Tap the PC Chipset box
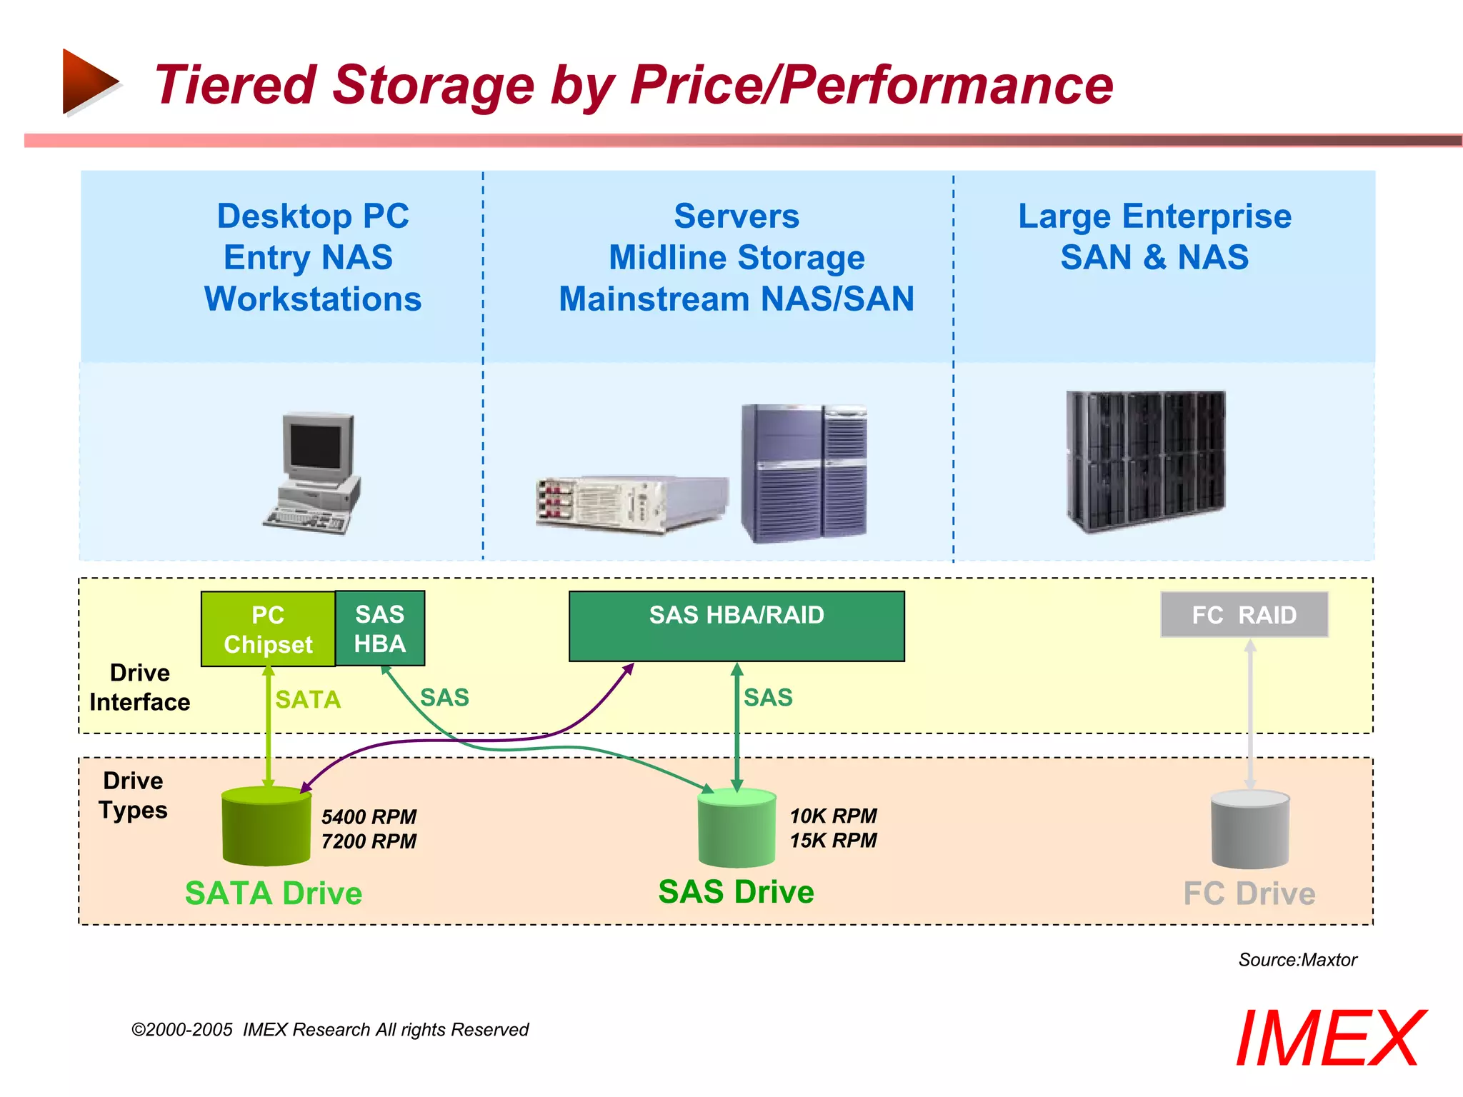point(268,629)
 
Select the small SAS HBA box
point(380,628)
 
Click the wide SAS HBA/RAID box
point(737,626)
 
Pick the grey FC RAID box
point(1244,614)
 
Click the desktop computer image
point(312,472)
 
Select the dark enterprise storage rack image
point(1145,461)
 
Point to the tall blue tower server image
point(803,472)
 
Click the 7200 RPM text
point(369,841)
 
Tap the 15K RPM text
point(833,840)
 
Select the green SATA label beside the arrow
point(308,699)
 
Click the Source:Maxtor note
point(1297,959)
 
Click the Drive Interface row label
point(140,687)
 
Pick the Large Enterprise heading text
point(1154,216)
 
